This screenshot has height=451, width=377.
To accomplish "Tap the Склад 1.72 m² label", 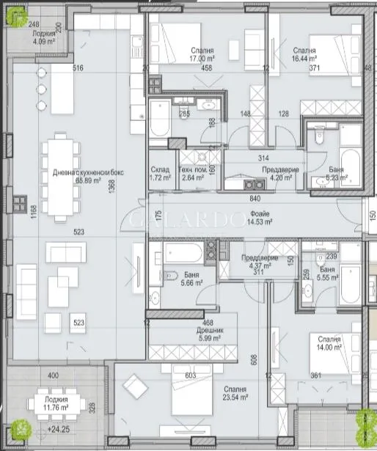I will coord(160,173).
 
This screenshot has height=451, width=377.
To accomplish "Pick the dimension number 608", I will coord(255,359).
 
